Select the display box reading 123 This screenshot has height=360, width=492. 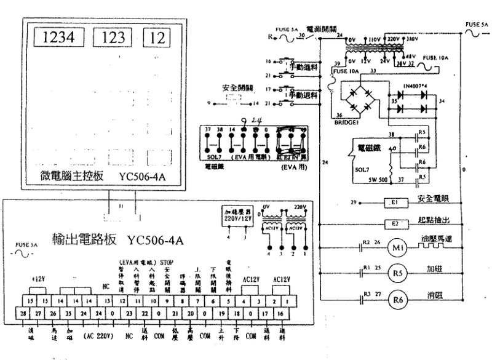(x=111, y=37)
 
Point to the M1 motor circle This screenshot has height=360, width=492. (x=394, y=248)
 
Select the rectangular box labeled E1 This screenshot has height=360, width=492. (x=395, y=202)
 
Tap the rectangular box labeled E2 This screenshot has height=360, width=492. (x=395, y=224)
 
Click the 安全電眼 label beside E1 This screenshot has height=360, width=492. (x=434, y=199)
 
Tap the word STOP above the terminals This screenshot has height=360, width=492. (x=167, y=260)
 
